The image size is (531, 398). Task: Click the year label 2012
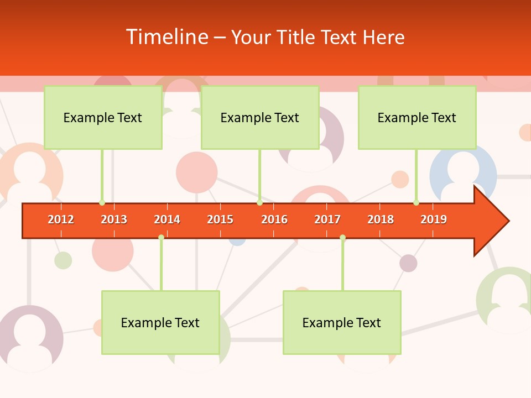[61, 219]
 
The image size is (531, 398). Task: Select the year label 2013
[114, 219]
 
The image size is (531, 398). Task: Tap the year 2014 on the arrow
[167, 219]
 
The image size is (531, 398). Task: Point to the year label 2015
[220, 219]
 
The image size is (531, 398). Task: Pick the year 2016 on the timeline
[274, 219]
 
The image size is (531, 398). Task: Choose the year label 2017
[327, 219]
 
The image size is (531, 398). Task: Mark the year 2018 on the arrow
[381, 219]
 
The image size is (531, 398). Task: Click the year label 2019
[434, 219]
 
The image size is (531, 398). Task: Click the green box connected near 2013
[103, 117]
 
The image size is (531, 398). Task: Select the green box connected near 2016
[260, 117]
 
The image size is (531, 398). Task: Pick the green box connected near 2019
[417, 117]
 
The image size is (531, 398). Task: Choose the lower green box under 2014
[160, 322]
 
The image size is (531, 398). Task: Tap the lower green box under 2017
[342, 322]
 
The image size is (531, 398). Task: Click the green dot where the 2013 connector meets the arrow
[102, 203]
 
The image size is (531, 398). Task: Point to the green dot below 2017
[342, 238]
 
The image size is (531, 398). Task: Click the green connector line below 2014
[161, 265]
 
